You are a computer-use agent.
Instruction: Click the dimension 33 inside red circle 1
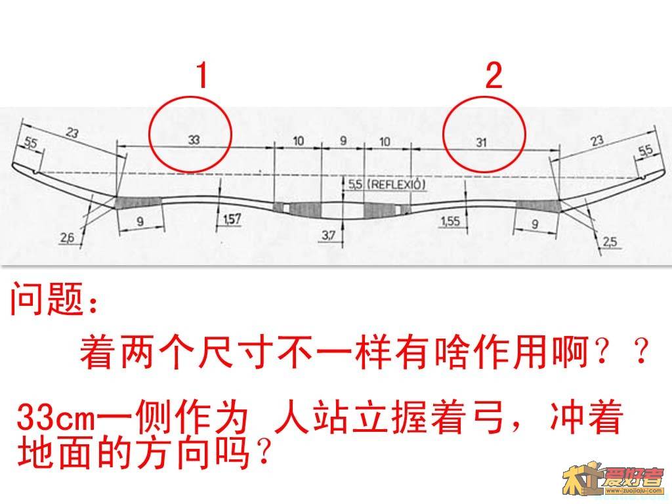click(x=193, y=139)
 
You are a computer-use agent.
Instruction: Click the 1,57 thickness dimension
click(x=232, y=219)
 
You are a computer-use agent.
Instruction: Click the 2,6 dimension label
click(x=67, y=238)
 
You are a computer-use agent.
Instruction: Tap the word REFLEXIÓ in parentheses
click(x=397, y=185)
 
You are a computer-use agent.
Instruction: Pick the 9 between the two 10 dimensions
click(x=343, y=140)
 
